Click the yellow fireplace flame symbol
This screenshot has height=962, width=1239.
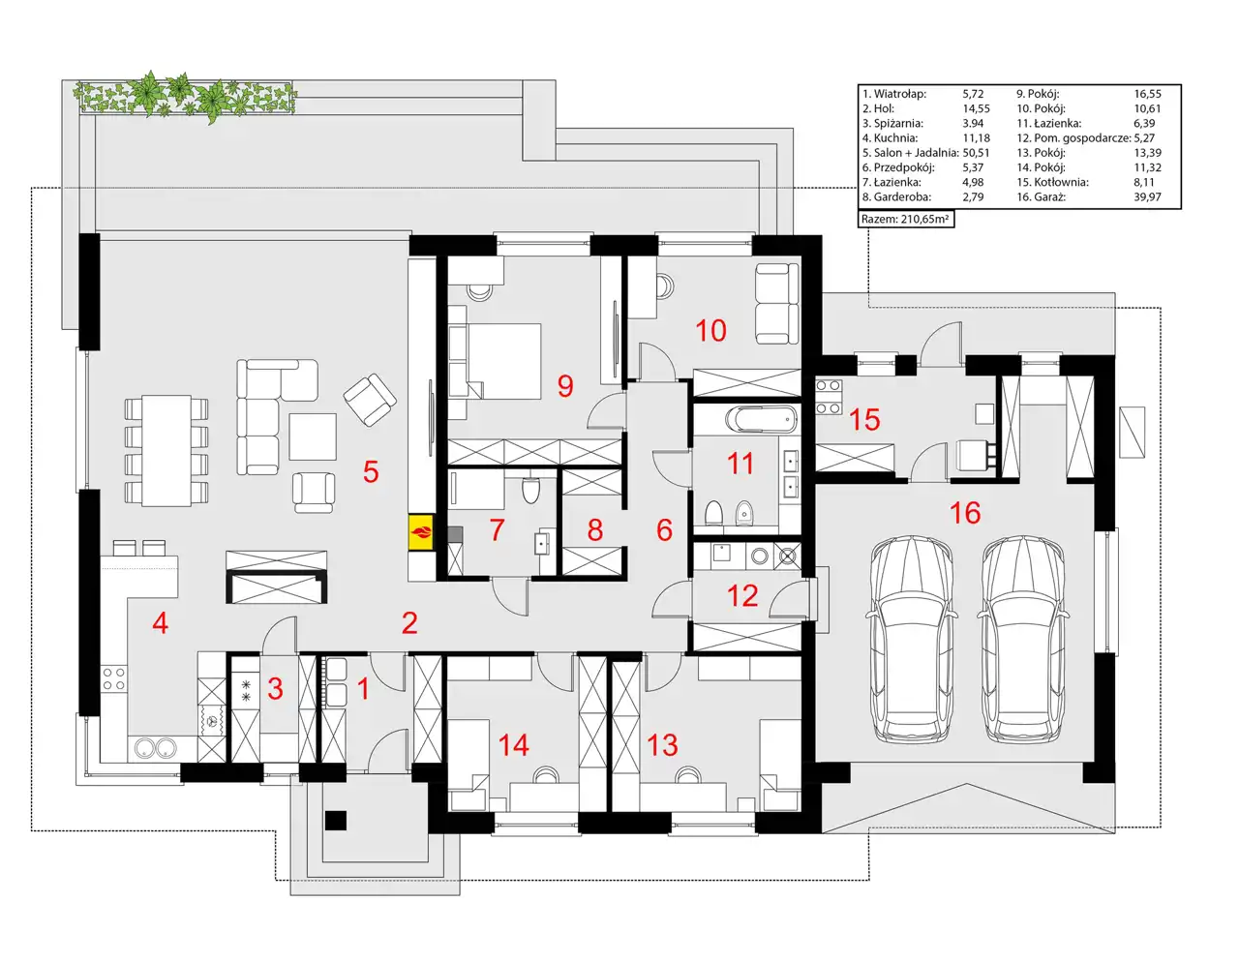point(421,533)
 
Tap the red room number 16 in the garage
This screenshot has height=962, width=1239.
point(965,512)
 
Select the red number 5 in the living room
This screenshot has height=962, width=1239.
point(371,472)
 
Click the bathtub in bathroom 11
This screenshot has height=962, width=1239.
point(761,420)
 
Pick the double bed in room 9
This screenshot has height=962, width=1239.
point(495,361)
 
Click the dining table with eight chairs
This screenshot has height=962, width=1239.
point(166,450)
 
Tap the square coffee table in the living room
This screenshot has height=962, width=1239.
point(313,436)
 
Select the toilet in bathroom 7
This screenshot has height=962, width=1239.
point(530,490)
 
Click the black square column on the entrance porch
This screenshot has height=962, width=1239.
point(336,821)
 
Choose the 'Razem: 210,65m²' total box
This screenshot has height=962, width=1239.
point(906,219)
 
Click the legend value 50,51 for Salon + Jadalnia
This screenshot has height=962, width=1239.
point(976,153)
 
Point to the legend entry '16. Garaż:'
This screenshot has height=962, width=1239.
point(1041,197)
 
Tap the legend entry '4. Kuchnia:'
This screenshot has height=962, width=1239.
point(891,138)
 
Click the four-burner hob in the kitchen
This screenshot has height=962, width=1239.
point(113,678)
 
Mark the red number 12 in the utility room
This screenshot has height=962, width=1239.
point(741,595)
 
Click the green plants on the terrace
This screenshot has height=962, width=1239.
point(184,97)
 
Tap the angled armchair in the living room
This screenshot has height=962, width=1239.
point(370,400)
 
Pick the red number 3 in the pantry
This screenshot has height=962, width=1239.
point(276,688)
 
